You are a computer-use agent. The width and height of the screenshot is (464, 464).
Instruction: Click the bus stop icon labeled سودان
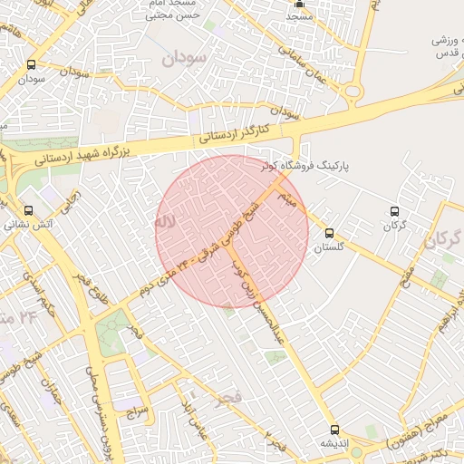33,64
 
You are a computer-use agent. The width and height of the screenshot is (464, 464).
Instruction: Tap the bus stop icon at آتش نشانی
28,210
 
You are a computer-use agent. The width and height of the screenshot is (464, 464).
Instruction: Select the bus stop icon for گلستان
329,233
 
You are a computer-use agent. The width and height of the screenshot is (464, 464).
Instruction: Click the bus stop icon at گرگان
393,211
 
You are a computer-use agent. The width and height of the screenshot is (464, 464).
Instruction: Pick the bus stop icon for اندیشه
334,429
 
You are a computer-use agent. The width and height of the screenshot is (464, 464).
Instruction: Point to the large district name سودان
185,59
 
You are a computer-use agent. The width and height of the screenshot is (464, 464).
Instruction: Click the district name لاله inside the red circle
163,220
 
